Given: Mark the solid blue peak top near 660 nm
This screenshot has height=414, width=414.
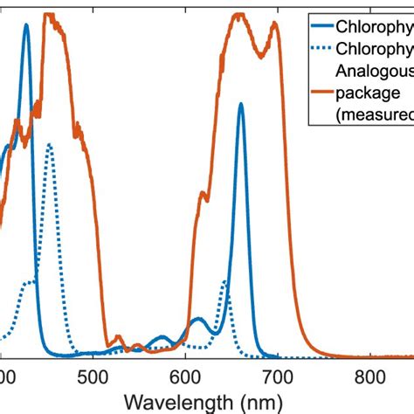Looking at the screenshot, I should coord(240,104).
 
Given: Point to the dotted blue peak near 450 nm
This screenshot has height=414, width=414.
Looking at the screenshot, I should coord(50,145).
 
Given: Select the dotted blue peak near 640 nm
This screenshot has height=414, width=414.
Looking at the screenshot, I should coord(224,281).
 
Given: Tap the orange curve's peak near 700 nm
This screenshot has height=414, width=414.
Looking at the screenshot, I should coord(275,24).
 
